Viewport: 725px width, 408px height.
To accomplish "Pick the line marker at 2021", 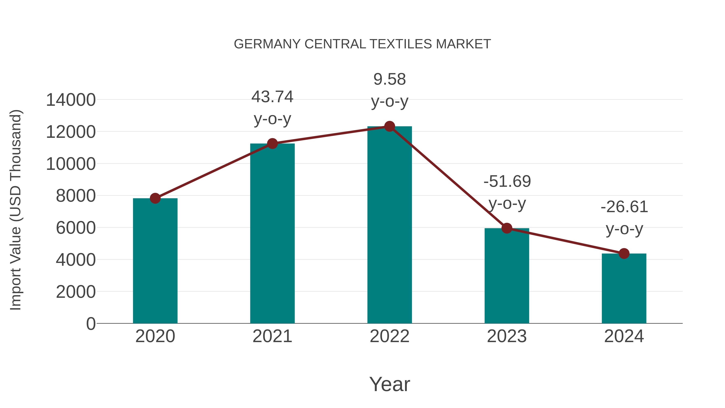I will click(272, 144).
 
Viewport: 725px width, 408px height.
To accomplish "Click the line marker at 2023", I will click(507, 228).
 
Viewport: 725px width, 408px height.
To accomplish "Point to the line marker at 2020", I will click(155, 198).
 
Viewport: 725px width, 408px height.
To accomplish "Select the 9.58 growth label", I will click(389, 79).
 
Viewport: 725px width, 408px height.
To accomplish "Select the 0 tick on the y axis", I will click(91, 324).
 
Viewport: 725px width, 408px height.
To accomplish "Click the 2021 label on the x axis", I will click(272, 336).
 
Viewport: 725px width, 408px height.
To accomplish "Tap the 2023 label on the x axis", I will click(507, 336).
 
